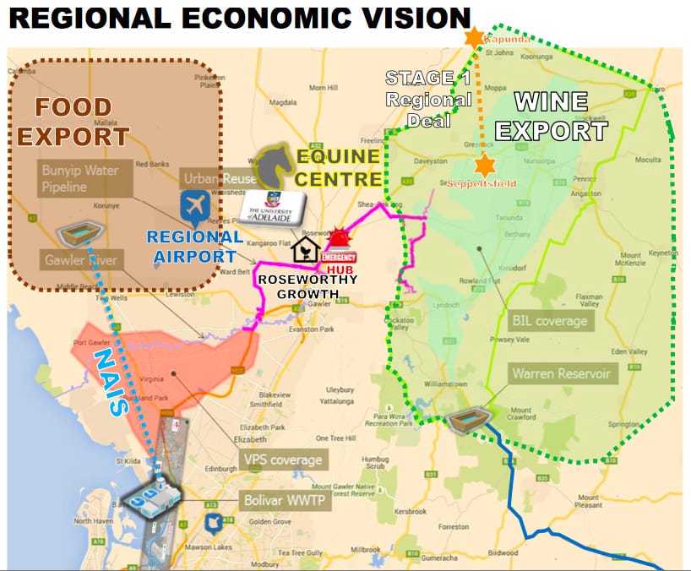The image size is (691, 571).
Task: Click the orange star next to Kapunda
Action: tap(475, 36)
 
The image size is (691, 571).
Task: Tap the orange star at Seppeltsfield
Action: tap(485, 166)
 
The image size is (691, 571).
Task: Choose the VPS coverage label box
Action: tap(283, 460)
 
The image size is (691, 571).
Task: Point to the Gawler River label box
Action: tap(80, 260)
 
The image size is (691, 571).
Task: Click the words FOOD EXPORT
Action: tap(73, 122)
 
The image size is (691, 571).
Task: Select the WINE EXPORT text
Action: tap(551, 117)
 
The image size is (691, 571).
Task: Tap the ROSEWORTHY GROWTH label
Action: tap(308, 286)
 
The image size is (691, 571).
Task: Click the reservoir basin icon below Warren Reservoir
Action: tap(461, 420)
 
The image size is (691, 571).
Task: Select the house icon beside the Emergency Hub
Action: tap(302, 250)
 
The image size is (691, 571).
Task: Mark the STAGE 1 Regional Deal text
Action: tap(428, 99)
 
